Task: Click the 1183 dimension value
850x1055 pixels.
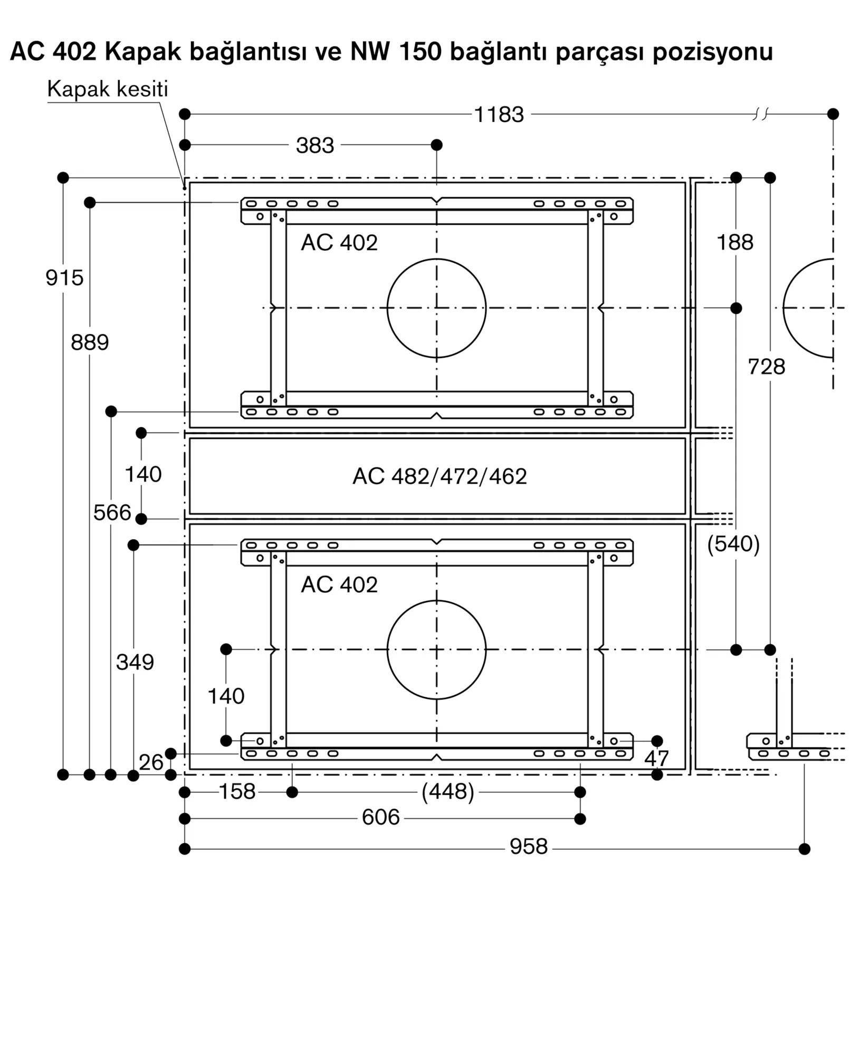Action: pos(499,114)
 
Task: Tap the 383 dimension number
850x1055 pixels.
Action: pos(315,146)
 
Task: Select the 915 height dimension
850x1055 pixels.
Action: pos(64,278)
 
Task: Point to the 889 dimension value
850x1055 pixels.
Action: pos(90,343)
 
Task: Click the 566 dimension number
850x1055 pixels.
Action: pos(112,513)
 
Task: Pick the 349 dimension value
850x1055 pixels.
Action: pos(135,662)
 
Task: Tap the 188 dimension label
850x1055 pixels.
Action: pos(735,243)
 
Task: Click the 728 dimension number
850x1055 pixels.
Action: pos(766,367)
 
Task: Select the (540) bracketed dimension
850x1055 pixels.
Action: pos(733,544)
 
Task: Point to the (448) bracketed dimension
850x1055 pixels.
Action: pos(448,792)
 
